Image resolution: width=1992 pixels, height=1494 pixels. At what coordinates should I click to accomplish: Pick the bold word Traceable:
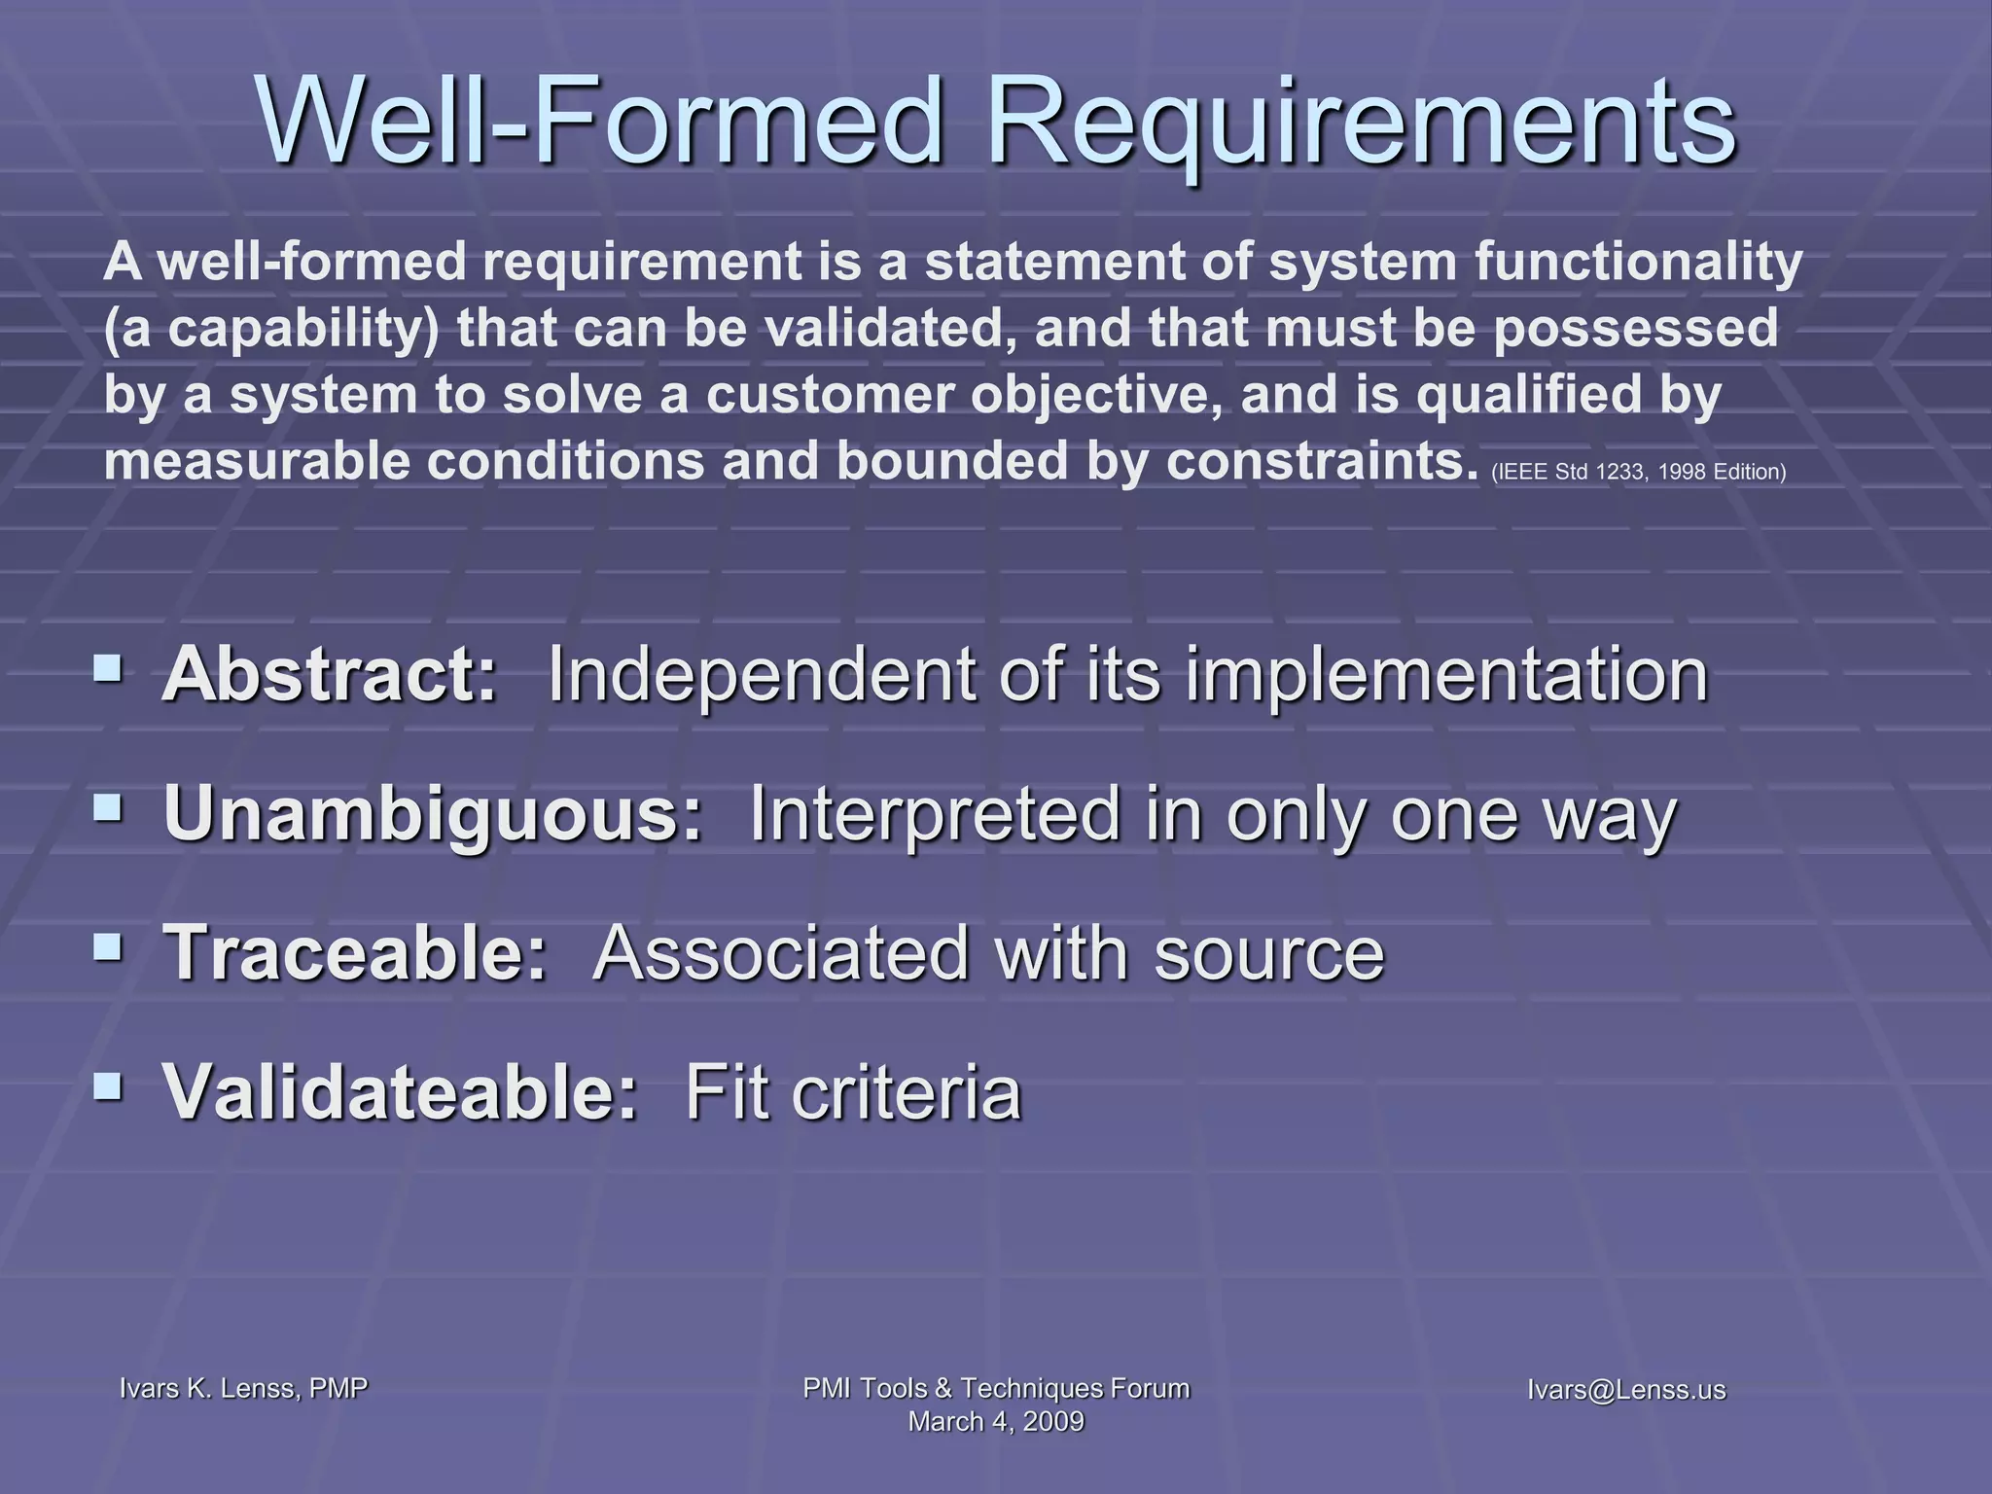point(356,952)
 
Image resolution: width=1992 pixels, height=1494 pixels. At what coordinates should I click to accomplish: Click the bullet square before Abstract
point(108,668)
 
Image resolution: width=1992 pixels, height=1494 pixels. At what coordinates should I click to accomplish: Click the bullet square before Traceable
point(108,946)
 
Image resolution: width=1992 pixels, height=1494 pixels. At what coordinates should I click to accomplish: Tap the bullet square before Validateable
point(108,1085)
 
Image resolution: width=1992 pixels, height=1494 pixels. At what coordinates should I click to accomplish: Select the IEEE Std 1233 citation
point(1638,473)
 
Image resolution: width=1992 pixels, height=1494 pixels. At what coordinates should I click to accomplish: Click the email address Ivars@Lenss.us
point(1625,1390)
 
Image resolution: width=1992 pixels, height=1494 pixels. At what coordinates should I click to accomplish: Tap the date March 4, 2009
point(995,1422)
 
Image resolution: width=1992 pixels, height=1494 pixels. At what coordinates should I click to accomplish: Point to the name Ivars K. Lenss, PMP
point(243,1388)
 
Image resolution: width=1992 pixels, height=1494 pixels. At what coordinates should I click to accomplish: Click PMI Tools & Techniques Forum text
point(995,1388)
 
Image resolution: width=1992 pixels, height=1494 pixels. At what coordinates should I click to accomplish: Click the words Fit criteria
point(853,1091)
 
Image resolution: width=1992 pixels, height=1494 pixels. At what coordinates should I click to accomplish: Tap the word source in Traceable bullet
point(1268,952)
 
